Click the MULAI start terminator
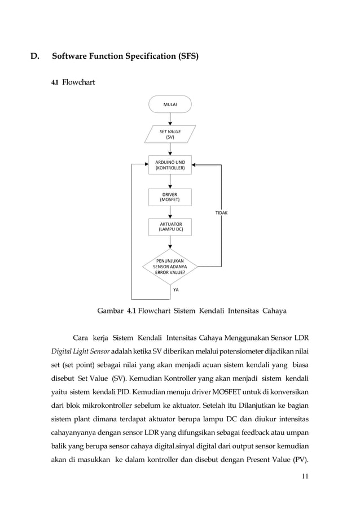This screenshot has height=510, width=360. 170,104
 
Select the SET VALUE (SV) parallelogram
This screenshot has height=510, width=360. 170,134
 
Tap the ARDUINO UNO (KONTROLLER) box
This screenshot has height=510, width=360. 170,165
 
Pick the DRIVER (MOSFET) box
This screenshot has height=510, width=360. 170,197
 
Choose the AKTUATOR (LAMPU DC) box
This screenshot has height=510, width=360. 170,228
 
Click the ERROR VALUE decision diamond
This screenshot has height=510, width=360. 170,265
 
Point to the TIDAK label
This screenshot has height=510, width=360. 222,213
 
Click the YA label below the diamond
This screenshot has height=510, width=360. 176,290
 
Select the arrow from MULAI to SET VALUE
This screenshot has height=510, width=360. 170,119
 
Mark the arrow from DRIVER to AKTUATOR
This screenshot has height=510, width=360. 170,212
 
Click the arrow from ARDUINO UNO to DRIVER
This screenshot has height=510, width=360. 170,182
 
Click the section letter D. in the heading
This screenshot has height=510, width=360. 35,56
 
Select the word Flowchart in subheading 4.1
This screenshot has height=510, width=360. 78,83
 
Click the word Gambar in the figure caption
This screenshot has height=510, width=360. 111,311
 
